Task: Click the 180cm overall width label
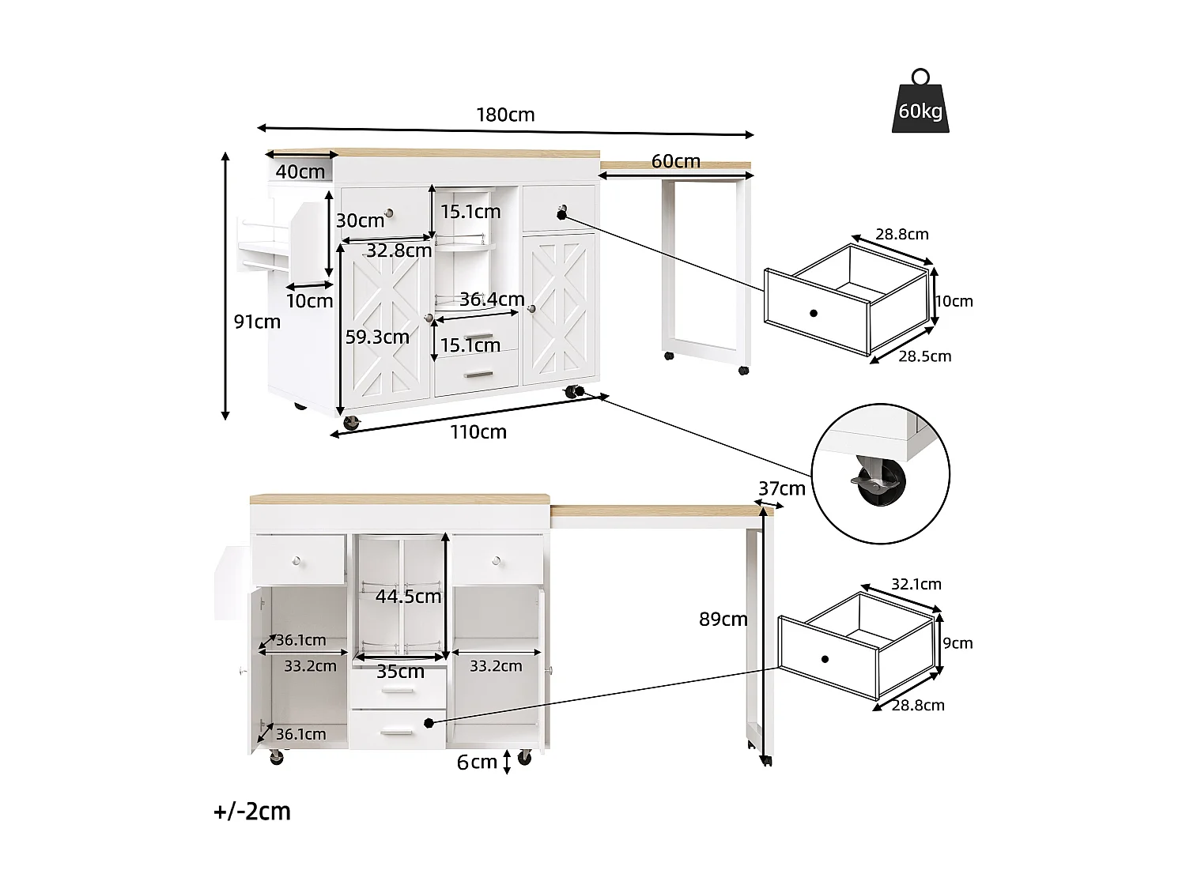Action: click(x=505, y=115)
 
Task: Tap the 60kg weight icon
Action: click(x=920, y=103)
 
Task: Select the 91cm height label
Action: click(x=257, y=322)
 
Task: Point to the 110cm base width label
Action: click(x=478, y=432)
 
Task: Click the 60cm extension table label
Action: click(x=675, y=161)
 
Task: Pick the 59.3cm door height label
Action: click(x=377, y=337)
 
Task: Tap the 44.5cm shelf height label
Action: click(x=408, y=597)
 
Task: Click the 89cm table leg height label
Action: click(x=723, y=620)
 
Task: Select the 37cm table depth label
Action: click(x=781, y=489)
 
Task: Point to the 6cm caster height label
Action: click(x=477, y=762)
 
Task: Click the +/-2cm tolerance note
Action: click(x=252, y=812)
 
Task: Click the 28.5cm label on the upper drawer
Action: click(x=924, y=356)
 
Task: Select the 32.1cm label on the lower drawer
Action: click(x=916, y=585)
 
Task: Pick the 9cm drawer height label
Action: click(x=957, y=643)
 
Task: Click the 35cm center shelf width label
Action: click(x=400, y=672)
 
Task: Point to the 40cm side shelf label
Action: click(x=300, y=171)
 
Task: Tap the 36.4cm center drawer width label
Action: click(x=492, y=299)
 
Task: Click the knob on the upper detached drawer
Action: click(x=814, y=313)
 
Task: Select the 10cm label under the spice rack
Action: click(x=309, y=301)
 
